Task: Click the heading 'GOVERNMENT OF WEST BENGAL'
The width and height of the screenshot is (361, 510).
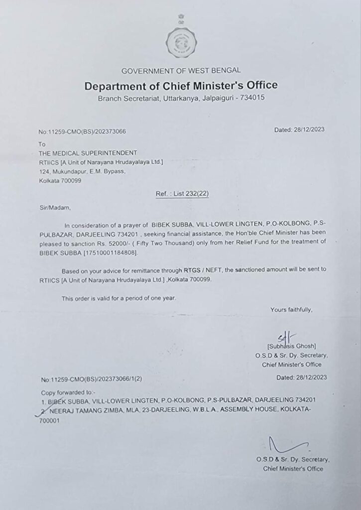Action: (181, 70)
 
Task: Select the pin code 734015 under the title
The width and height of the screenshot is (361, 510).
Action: (252, 98)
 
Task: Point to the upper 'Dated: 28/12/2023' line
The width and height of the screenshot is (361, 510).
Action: (299, 130)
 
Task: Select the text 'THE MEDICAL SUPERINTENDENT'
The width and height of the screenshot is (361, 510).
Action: (88, 152)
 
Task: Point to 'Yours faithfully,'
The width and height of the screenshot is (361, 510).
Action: (291, 310)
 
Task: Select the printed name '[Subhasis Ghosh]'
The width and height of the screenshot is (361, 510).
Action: (291, 346)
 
